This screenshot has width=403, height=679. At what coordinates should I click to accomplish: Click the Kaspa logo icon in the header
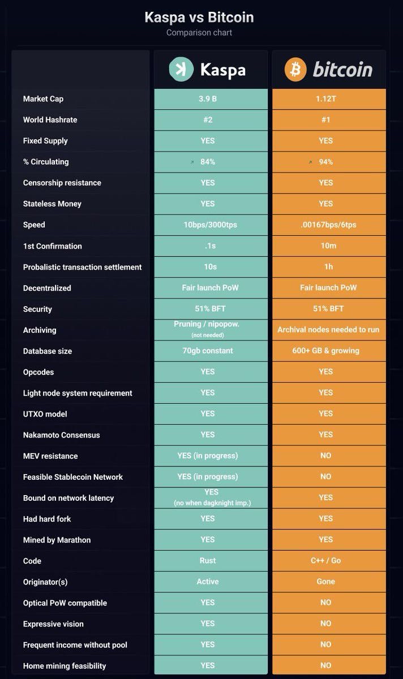(x=181, y=70)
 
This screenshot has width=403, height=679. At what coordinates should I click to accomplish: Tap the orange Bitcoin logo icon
(x=295, y=70)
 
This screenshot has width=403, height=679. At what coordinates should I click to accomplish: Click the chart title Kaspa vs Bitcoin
(x=199, y=18)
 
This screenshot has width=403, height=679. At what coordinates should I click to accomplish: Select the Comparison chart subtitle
(x=199, y=32)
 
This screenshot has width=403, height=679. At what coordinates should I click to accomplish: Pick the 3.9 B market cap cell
(x=208, y=99)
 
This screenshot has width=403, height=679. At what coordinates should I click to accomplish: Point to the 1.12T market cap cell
(x=326, y=99)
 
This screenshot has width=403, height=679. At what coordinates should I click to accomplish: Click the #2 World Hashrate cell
(x=208, y=120)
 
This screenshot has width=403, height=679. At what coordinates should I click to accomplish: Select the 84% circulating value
(x=208, y=162)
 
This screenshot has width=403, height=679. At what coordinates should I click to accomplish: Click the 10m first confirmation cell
(x=327, y=246)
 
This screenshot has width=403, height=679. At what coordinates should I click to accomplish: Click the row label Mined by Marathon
(x=57, y=540)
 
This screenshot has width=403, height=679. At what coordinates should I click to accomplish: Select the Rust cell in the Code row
(x=208, y=561)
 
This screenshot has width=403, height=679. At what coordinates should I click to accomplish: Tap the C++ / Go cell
(x=326, y=561)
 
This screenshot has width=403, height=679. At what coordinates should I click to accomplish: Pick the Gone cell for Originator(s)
(x=326, y=582)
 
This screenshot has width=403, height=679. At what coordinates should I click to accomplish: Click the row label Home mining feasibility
(x=65, y=666)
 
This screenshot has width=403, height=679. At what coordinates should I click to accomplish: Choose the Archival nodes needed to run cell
(x=328, y=330)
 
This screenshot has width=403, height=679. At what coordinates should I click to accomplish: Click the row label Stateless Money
(x=52, y=204)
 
